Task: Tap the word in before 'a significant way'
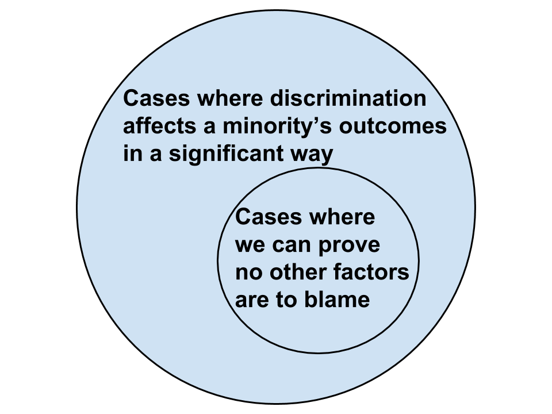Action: point(131,154)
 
